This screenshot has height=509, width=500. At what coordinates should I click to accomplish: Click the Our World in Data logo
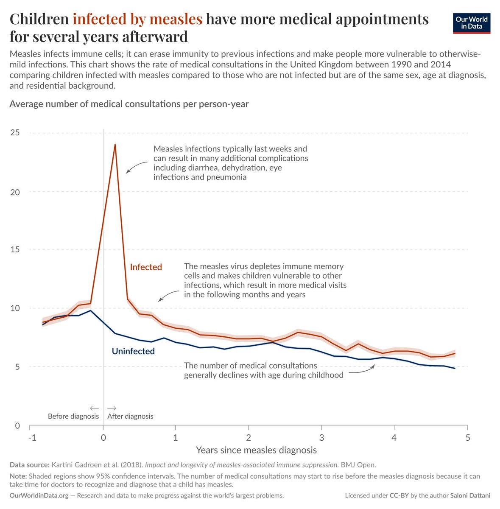click(472, 23)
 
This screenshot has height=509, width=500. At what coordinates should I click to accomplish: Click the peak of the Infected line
click(115, 145)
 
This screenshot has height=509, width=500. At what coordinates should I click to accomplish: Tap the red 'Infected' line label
click(146, 267)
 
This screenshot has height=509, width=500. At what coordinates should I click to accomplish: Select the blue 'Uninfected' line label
click(133, 351)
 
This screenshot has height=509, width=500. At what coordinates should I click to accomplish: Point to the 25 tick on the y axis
click(15, 133)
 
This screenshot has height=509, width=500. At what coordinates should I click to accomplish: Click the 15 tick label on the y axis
click(15, 250)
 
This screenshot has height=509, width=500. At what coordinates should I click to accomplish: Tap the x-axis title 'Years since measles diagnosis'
click(256, 450)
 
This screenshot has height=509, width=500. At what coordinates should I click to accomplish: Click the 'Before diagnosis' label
click(73, 416)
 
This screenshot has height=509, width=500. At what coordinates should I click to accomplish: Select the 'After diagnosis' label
click(130, 416)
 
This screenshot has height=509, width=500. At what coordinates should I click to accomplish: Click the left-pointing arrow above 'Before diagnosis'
click(94, 408)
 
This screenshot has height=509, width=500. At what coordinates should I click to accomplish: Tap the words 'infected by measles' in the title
click(137, 19)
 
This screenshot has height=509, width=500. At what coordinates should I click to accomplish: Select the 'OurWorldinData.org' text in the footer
click(39, 495)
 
